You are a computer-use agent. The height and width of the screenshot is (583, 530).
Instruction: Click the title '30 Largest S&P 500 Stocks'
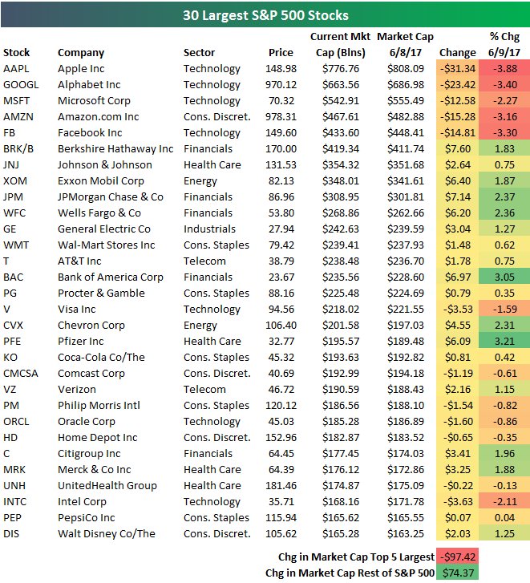pos(265,15)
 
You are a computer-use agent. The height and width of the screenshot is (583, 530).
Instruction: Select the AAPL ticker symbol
pos(16,69)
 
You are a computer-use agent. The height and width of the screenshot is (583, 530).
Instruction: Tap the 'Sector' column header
pos(199,53)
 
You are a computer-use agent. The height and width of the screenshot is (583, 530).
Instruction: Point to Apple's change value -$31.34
pos(459,69)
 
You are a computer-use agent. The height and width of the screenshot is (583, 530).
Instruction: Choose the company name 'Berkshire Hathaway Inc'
pos(115,149)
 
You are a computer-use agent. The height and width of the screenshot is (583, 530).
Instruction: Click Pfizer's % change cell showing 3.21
pos(505,342)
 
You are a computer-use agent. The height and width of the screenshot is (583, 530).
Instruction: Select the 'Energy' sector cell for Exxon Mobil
pos(200,181)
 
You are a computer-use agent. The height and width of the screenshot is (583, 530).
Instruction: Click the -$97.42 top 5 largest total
pos(459,557)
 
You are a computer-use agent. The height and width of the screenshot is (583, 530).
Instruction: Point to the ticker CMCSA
pos(21,374)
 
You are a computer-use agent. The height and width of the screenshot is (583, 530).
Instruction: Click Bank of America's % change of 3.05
pos(505,277)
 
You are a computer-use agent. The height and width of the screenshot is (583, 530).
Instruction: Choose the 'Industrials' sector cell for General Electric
pos(209,229)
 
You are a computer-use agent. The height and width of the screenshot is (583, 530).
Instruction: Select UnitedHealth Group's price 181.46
pos(281,486)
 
